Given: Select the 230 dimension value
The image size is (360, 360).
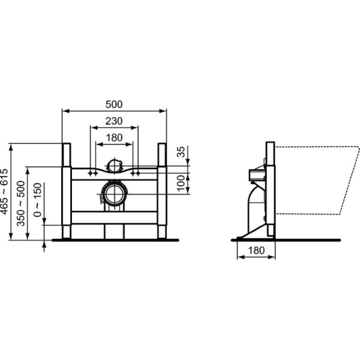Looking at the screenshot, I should (x=114, y=121).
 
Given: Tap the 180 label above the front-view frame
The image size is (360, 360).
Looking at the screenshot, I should (x=114, y=137).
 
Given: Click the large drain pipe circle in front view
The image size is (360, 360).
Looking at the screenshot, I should (x=114, y=193).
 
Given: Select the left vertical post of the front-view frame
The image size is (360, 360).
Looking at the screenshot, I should (x=67, y=191).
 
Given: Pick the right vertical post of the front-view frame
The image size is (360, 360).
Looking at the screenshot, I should (x=162, y=191).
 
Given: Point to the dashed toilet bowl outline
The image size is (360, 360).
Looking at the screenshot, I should (x=318, y=180).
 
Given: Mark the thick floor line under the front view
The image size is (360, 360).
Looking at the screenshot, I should (x=114, y=240).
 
